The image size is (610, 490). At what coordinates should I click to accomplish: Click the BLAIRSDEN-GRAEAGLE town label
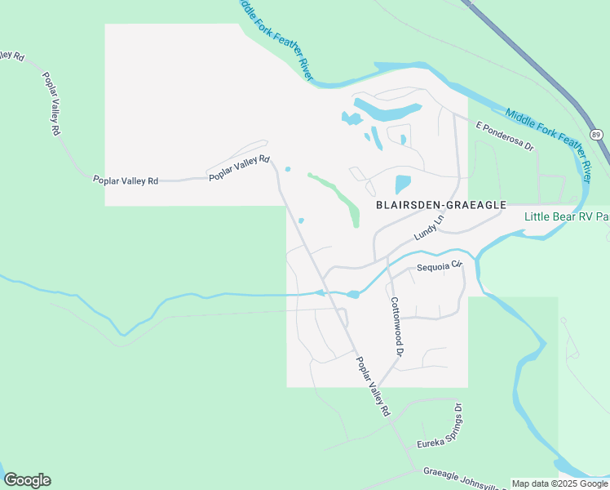tap(441, 205)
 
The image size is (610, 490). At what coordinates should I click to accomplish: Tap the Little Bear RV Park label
tap(566, 217)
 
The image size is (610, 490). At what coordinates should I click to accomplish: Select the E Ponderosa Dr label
tap(504, 136)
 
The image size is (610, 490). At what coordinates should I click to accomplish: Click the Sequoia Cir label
tap(439, 266)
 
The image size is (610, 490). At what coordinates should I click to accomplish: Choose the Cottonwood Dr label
tap(396, 327)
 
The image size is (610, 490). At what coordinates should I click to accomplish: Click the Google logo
tap(27, 480)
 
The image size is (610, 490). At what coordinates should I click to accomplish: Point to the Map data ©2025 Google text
tap(559, 483)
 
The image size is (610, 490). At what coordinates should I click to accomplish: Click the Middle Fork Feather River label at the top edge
tap(276, 39)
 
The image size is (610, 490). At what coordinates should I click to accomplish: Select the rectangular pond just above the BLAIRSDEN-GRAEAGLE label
tap(403, 185)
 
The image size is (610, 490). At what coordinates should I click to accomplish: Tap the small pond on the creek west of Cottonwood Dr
tap(353, 295)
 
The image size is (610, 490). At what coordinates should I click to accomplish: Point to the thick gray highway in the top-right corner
tap(538, 65)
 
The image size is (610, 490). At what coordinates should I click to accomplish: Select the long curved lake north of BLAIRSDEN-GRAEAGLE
tap(387, 109)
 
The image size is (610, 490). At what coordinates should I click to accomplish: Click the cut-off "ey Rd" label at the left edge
tap(12, 56)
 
